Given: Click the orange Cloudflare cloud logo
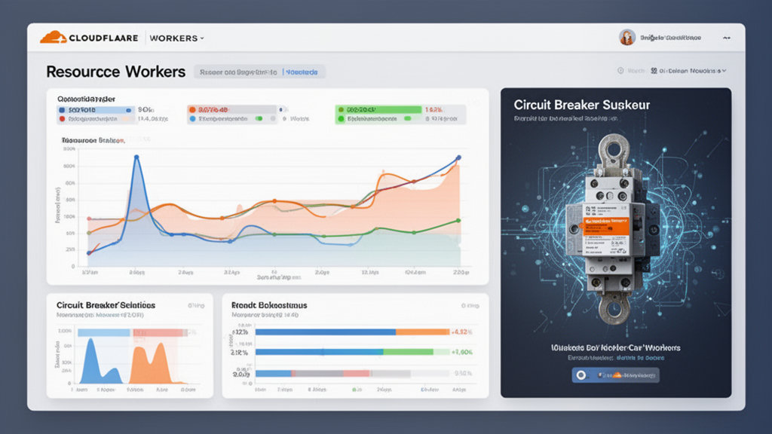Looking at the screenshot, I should pos(53,37).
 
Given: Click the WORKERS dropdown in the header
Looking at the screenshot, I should pos(176,38).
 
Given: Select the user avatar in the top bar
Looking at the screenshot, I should pos(626,37).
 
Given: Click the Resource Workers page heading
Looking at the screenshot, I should pos(115,72).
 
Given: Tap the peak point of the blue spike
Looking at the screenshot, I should pos(136,157).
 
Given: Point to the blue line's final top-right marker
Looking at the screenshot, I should pos(458,157).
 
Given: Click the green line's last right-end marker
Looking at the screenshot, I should pos(458,221).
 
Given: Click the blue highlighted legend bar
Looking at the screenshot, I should pos(95,109).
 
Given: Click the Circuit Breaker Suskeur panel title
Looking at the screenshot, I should pos(581,105).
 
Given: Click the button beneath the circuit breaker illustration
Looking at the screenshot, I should pos(615,374).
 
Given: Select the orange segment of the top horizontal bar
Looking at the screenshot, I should pos(422,332).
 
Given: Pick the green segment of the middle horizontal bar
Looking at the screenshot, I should pos(408,352).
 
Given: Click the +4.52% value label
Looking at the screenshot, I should pos(461,332).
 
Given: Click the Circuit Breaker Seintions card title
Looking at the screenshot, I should pos(106,304).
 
